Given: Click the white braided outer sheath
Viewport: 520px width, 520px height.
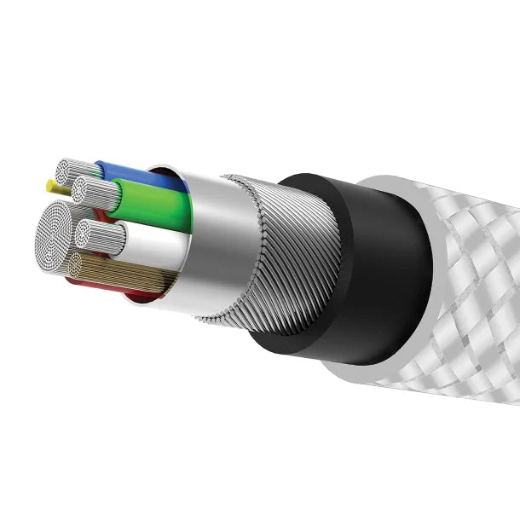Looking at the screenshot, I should point(460,281).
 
